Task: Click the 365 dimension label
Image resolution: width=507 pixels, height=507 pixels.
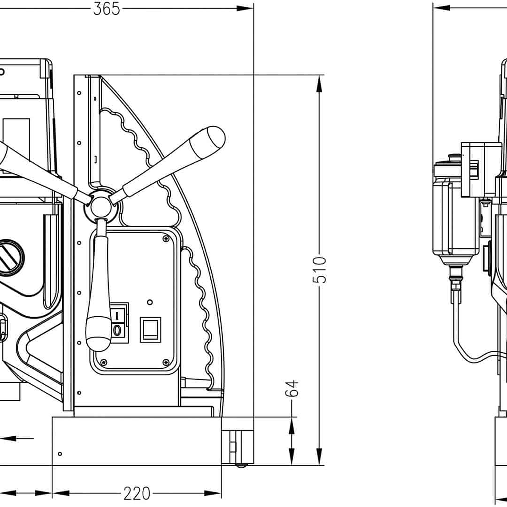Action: click(107, 8)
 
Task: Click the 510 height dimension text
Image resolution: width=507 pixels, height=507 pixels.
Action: click(319, 270)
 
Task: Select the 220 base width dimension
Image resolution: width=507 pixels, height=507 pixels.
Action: click(137, 493)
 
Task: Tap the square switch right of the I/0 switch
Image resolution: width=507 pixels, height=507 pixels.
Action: click(150, 330)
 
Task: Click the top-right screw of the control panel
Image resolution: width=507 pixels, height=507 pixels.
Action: click(166, 239)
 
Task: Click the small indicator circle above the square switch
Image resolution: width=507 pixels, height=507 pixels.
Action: click(150, 302)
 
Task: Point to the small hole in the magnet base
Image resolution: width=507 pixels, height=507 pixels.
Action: click(60, 454)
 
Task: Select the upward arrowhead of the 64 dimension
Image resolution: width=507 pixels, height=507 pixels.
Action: click(291, 427)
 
